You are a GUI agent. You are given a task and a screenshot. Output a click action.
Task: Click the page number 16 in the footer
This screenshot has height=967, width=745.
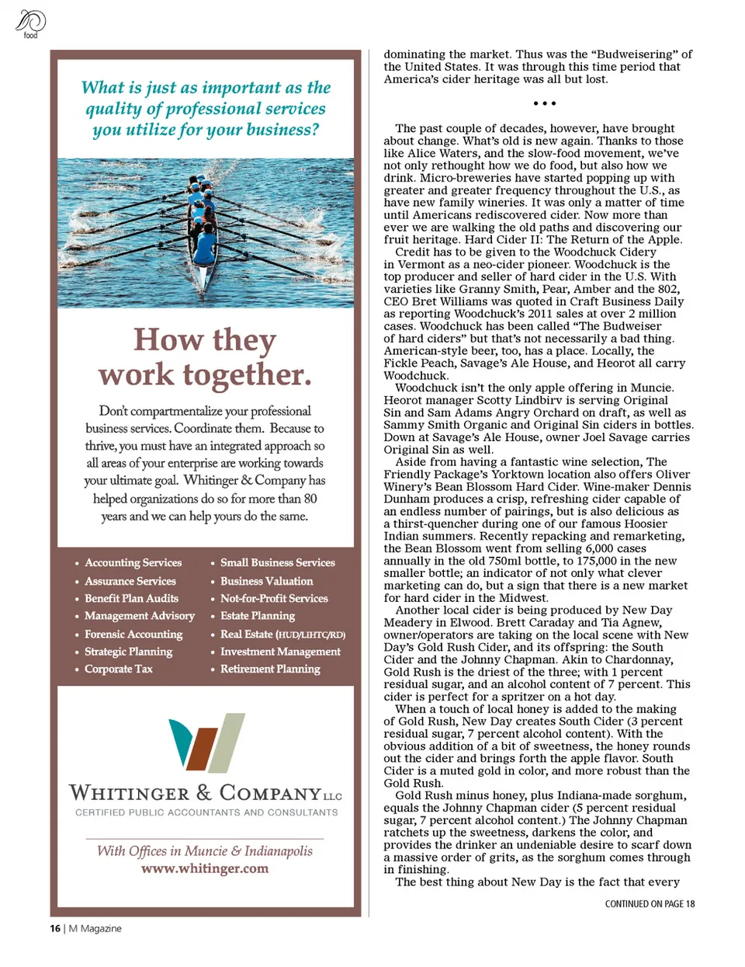(55, 928)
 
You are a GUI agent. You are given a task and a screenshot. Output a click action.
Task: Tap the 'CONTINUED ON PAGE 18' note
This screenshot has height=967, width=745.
(650, 904)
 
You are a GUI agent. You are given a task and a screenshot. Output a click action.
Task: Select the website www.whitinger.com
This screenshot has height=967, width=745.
(205, 868)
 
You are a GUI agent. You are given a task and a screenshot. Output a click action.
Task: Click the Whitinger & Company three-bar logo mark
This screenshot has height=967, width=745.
(206, 743)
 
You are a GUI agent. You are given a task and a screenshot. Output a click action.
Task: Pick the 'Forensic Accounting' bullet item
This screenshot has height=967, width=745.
(133, 635)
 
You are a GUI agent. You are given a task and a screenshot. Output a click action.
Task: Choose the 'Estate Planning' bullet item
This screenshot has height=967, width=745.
(258, 616)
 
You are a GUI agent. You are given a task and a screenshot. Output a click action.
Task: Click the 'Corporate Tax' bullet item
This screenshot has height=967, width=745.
(119, 669)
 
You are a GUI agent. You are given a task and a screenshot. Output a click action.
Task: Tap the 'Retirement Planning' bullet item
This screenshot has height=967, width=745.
(270, 669)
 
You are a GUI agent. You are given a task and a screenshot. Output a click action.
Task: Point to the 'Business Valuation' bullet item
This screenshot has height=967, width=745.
(267, 581)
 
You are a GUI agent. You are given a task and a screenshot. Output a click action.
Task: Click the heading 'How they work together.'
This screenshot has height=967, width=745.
(206, 357)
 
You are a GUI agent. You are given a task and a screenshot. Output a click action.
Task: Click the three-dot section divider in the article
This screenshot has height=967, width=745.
(545, 103)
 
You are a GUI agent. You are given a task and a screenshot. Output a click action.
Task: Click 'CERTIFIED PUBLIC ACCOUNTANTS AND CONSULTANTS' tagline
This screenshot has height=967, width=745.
(206, 812)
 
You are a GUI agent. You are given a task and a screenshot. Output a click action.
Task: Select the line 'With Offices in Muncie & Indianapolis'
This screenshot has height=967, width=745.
(205, 850)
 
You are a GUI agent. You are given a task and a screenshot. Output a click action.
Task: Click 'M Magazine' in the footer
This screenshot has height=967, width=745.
(95, 928)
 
